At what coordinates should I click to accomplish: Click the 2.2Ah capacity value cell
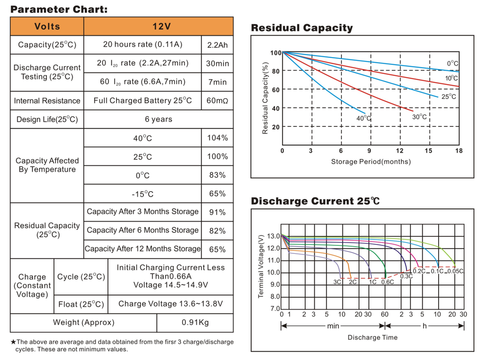tap(217, 45)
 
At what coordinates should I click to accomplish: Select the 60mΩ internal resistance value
tap(217, 100)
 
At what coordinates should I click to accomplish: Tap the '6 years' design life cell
tap(158, 119)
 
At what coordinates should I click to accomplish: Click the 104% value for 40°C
tap(217, 138)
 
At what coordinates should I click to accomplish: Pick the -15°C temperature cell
tap(142, 194)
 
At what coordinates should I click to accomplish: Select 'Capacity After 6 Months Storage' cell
tap(142, 230)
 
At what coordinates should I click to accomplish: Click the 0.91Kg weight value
tap(195, 323)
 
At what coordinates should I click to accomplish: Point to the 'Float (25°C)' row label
tap(81, 304)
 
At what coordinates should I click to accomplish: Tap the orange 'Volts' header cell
tap(47, 26)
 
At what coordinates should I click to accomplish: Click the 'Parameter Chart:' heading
tap(59, 9)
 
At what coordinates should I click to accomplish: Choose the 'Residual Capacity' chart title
tap(301, 28)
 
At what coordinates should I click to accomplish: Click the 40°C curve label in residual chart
tap(363, 118)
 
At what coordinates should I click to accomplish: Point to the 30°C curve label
tap(419, 117)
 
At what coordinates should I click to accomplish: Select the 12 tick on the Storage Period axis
tap(399, 151)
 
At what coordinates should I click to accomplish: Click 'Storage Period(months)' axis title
tap(371, 162)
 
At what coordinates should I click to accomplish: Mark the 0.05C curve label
tap(455, 271)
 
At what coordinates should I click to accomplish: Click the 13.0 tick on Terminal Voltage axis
tap(273, 236)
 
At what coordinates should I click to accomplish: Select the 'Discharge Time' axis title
tap(372, 337)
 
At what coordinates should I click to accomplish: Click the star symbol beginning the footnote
tap(13, 342)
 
